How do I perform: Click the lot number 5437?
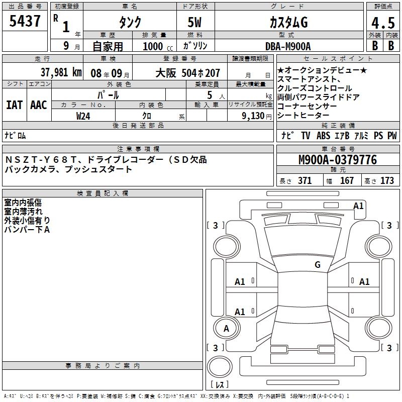click(25, 21)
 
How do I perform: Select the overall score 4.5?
click(383, 23)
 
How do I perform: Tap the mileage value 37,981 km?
click(61, 72)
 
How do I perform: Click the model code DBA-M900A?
click(288, 46)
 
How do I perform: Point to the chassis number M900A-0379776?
click(338, 160)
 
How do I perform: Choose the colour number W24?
click(83, 116)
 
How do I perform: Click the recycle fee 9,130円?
click(257, 116)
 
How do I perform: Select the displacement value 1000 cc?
click(158, 46)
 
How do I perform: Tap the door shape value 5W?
click(194, 22)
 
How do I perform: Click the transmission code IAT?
click(15, 105)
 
